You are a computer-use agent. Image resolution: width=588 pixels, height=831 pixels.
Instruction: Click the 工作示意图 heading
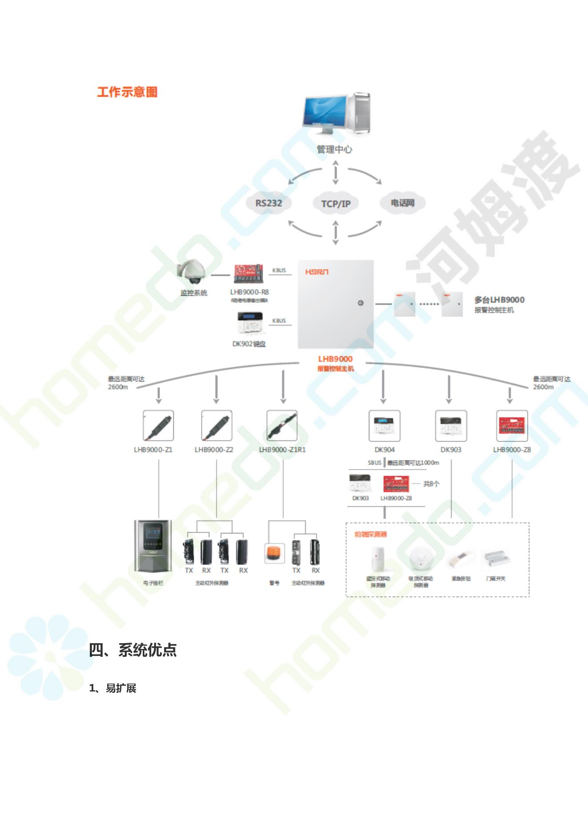127,92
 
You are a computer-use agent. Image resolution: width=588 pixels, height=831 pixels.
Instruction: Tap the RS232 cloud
268,203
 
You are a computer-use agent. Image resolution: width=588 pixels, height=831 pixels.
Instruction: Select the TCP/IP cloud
336,204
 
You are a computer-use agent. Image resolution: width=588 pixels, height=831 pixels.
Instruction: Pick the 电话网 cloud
402,203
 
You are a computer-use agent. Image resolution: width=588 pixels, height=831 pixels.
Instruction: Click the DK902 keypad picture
249,324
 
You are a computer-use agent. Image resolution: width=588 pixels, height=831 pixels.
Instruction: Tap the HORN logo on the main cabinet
316,272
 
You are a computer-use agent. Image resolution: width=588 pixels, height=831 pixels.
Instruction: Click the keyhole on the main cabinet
360,303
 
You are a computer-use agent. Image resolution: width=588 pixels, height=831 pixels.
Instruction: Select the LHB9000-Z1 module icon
158,425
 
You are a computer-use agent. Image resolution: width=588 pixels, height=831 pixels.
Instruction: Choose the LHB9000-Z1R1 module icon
282,425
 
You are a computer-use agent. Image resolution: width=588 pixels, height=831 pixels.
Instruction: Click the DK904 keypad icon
384,425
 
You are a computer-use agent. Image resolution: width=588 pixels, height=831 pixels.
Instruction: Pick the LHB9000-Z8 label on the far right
512,449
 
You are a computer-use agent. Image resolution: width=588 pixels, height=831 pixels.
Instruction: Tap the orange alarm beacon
274,553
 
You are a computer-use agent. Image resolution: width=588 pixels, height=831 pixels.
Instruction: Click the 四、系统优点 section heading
133,650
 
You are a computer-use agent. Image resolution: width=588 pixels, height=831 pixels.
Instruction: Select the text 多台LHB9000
499,300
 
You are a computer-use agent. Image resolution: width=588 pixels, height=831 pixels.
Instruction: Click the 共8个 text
431,484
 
